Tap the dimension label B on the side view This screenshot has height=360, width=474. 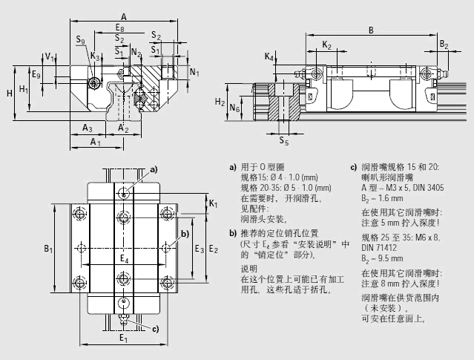[370, 30]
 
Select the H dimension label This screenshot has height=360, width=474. [9, 93]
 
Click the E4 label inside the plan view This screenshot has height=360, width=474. [125, 259]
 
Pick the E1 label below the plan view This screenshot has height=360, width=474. [124, 339]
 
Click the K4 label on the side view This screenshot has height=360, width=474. [269, 56]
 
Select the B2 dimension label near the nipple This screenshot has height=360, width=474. [443, 45]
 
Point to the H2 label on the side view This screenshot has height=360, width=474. [220, 102]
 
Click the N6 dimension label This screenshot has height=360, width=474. [234, 108]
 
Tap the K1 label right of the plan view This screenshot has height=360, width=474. [212, 203]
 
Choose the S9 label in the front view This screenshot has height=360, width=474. [79, 40]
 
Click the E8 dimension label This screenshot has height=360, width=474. [120, 28]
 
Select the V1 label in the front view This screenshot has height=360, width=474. [48, 56]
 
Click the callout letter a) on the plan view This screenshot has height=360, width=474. [154, 170]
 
